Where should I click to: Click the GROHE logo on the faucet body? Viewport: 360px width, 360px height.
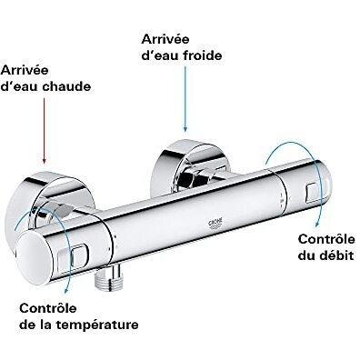click(215, 223)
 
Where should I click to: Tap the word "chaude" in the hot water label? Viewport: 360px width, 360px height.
click(66, 86)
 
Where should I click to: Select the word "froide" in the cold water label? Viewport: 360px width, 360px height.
click(203, 55)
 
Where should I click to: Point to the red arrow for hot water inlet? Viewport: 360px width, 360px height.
click(45, 131)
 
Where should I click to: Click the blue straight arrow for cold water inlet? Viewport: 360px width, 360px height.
click(185, 99)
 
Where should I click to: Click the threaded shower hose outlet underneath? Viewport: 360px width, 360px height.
click(105, 276)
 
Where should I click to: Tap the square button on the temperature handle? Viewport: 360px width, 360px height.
click(80, 255)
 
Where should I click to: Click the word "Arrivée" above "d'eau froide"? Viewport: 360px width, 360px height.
click(165, 39)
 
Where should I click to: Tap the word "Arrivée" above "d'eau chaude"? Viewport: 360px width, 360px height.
click(25, 70)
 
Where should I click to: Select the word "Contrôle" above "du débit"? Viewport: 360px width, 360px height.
click(326, 239)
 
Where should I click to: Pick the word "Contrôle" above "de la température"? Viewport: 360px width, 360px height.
click(48, 308)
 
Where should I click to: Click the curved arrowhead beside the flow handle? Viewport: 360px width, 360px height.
click(316, 225)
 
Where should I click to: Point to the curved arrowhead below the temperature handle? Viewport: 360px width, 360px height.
click(67, 290)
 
